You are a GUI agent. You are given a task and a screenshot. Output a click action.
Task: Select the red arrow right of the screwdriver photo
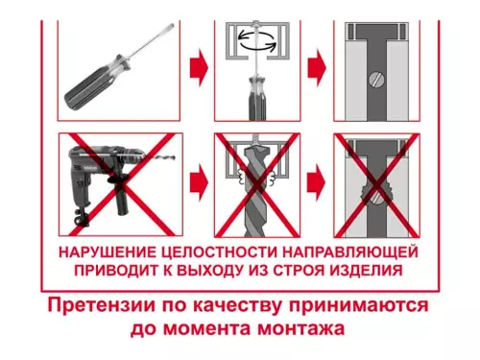(x=198, y=67)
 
